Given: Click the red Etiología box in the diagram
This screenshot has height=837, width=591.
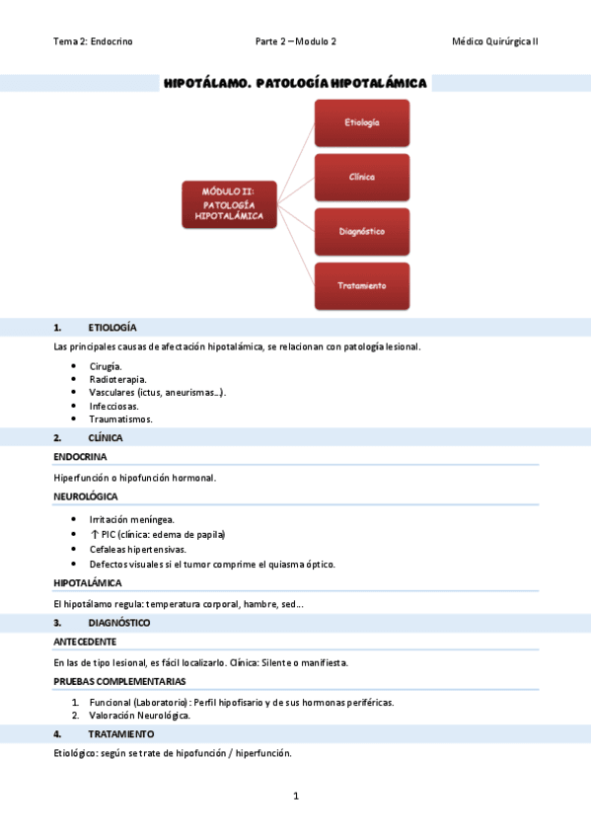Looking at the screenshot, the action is pos(362,122).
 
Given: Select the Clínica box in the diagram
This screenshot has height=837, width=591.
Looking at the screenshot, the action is pos(362,177).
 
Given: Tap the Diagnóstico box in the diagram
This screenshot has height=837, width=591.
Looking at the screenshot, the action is pos(362,231).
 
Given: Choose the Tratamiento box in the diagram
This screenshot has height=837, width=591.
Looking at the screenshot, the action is pos(362,285).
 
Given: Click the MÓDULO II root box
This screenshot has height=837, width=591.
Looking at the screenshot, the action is pos(228,204).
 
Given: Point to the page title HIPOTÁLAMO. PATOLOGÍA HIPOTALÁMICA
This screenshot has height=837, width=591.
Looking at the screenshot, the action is pos(295,84).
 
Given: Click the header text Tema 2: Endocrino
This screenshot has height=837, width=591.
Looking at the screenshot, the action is pos(93,41).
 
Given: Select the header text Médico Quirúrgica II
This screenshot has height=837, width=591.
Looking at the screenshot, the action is pos(494,41).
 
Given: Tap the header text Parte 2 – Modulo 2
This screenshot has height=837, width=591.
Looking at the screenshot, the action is pos(295,41).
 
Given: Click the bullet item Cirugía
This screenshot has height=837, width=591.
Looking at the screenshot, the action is pos(106,365).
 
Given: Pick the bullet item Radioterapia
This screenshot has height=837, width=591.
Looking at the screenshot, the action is pos(117,379).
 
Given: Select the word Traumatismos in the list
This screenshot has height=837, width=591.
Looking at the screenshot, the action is pos(120,418).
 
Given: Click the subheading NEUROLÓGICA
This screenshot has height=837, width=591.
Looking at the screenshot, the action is pos(86,496).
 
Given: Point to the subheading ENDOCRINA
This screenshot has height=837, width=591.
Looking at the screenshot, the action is pos(80,458).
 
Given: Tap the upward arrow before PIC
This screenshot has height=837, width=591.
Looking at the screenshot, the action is pos(93,534).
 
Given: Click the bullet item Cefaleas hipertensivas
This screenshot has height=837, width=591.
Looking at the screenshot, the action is pos(137,549).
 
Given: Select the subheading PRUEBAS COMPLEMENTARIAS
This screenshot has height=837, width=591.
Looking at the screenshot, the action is pos(119,681).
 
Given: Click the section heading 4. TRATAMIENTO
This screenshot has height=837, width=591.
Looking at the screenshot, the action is pos(120,734).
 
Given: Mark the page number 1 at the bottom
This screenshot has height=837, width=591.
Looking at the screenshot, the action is pos(295,796).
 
